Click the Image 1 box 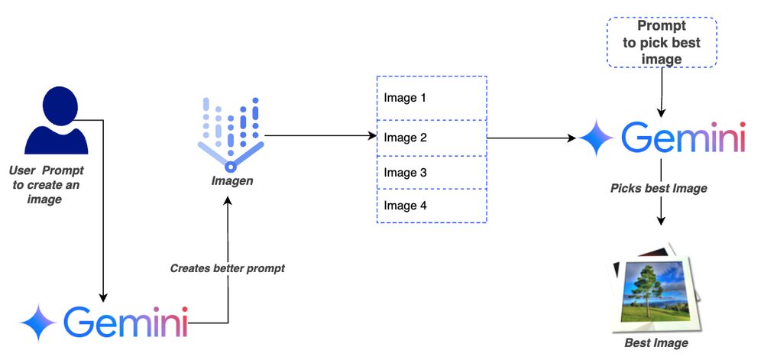click(432, 99)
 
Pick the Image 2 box click(432, 138)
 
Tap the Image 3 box click(432, 173)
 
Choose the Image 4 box click(432, 206)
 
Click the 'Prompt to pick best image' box click(662, 43)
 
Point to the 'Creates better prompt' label click(227, 268)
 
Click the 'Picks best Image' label click(659, 188)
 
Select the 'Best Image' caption click(656, 343)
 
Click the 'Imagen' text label click(231, 181)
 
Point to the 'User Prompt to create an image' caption click(47, 184)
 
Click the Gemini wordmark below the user click(125, 322)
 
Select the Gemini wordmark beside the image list click(682, 138)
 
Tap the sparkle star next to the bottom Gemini click(38, 323)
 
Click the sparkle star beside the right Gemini click(597, 139)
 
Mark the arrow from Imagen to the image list click(321, 137)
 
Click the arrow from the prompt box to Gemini click(661, 92)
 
